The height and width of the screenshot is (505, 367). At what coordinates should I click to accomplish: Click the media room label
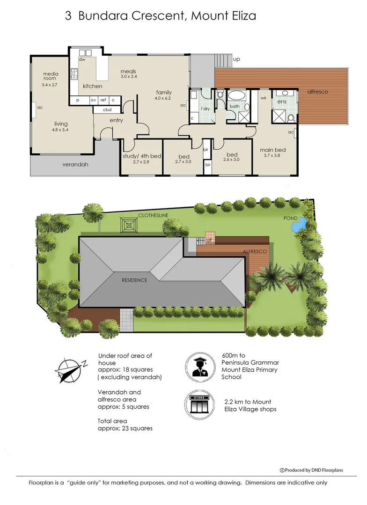pyautogui.click(x=51, y=76)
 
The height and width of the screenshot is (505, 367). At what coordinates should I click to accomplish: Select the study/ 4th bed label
pyautogui.click(x=142, y=156)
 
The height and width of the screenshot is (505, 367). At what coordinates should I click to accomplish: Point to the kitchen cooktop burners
pyautogui.click(x=74, y=74)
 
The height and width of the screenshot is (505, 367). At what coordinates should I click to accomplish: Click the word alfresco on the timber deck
pyautogui.click(x=317, y=92)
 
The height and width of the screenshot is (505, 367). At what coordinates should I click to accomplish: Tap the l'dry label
pyautogui.click(x=206, y=108)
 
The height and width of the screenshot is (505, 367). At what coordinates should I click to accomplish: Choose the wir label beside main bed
pyautogui.click(x=263, y=98)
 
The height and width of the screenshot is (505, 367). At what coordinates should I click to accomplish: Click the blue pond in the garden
pyautogui.click(x=299, y=225)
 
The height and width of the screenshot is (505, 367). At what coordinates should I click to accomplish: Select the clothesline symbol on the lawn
pyautogui.click(x=129, y=225)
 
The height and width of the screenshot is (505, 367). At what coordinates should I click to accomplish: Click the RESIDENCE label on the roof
pyautogui.click(x=134, y=280)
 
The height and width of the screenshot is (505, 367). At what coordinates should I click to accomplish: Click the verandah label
pyautogui.click(x=75, y=165)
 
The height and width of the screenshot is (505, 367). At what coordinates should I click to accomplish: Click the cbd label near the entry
pyautogui.click(x=107, y=109)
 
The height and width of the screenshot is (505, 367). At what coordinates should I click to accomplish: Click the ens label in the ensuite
pyautogui.click(x=282, y=101)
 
